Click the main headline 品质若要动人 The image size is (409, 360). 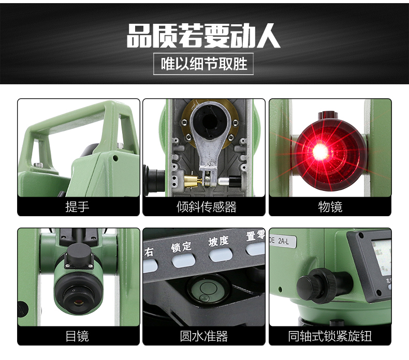[x=203, y=36]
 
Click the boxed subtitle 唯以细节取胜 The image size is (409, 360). [x=203, y=64]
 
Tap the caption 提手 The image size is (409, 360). [x=78, y=207]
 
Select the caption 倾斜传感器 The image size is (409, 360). [x=207, y=207]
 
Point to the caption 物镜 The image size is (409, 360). [x=330, y=207]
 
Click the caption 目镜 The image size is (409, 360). [x=77, y=336]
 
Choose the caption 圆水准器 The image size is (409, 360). [x=203, y=336]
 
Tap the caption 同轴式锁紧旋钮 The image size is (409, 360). [x=330, y=336]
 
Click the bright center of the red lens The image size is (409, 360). [x=319, y=151]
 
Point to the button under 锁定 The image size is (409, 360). [x=184, y=260]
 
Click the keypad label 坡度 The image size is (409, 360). [x=218, y=241]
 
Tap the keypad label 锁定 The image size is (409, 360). [x=181, y=247]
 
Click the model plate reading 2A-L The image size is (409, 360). [x=283, y=241]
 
